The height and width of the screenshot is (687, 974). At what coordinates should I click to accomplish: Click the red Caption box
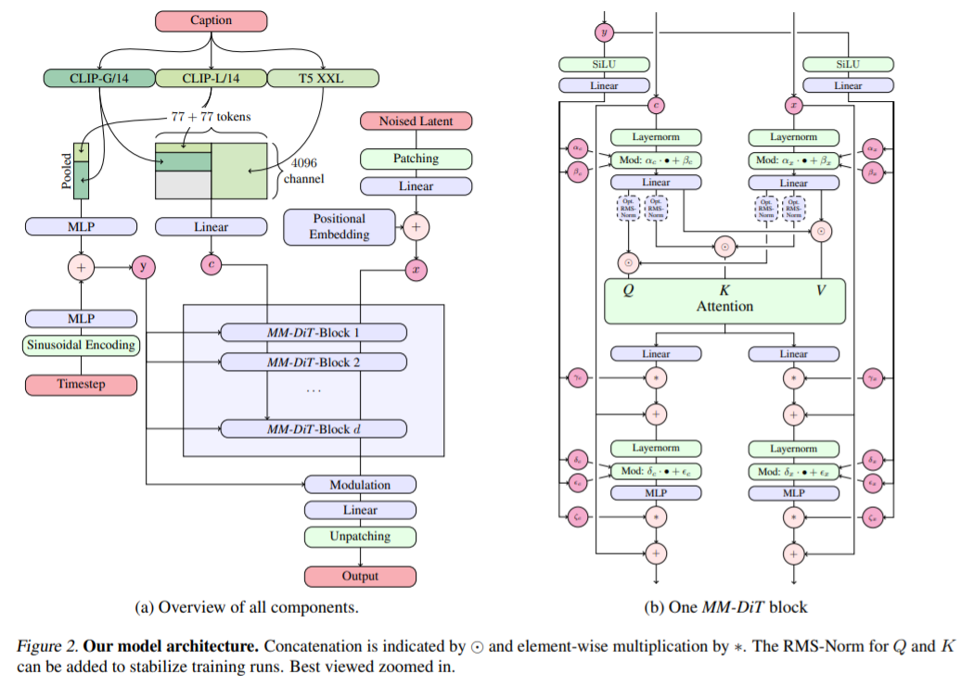(211, 19)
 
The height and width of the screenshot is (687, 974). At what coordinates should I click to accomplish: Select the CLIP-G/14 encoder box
(97, 79)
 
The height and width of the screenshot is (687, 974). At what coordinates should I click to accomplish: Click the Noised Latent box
(416, 121)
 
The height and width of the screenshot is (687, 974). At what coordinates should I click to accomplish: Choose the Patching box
(416, 159)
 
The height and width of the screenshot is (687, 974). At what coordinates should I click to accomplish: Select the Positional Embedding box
(340, 227)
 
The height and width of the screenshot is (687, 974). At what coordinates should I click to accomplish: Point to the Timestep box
(80, 384)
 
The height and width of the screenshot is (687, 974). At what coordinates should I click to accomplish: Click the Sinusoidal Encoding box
(80, 345)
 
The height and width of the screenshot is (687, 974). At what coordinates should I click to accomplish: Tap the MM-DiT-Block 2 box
(313, 362)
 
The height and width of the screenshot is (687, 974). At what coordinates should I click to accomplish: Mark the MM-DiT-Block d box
(313, 428)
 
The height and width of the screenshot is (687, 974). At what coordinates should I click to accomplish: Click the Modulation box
(360, 484)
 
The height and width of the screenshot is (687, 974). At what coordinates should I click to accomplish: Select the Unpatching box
(360, 536)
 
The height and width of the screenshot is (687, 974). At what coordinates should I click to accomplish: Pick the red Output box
(360, 576)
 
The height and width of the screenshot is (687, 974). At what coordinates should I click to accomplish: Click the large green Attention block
(724, 300)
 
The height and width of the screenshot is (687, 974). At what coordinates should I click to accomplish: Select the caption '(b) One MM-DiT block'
(724, 607)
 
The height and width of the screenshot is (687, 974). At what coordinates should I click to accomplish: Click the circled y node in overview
(144, 267)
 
